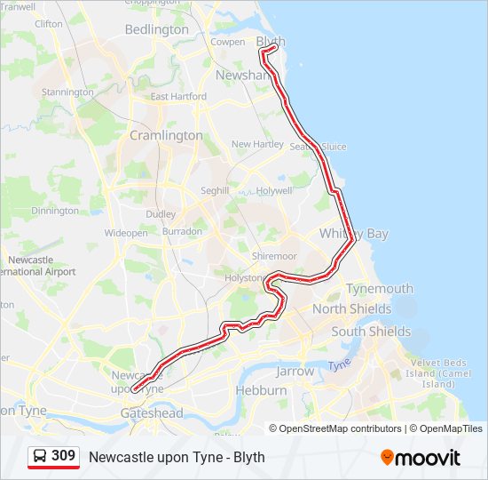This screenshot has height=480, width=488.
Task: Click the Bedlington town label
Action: [x=157, y=29]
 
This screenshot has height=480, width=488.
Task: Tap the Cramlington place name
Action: [x=166, y=135]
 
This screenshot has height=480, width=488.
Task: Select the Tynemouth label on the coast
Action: [x=380, y=288]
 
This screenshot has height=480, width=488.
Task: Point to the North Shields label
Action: [x=351, y=308]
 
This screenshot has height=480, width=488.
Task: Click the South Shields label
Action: [x=370, y=331]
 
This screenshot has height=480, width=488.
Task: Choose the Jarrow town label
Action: [x=295, y=371]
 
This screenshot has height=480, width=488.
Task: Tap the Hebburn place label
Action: [x=262, y=390]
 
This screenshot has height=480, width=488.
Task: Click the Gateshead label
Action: [x=152, y=413]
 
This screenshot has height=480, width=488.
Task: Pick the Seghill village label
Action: [x=215, y=190]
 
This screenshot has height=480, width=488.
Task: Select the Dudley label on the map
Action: [x=161, y=214]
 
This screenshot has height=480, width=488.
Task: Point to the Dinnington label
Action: [x=55, y=211]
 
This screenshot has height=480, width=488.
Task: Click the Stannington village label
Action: [x=67, y=92]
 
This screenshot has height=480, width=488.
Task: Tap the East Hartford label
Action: [x=178, y=96]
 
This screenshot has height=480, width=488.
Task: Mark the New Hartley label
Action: [x=257, y=144]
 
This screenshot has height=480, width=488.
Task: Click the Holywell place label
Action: [x=274, y=190]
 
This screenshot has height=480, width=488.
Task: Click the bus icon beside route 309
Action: [x=40, y=457]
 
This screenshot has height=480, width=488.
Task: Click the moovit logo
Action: [x=421, y=458]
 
